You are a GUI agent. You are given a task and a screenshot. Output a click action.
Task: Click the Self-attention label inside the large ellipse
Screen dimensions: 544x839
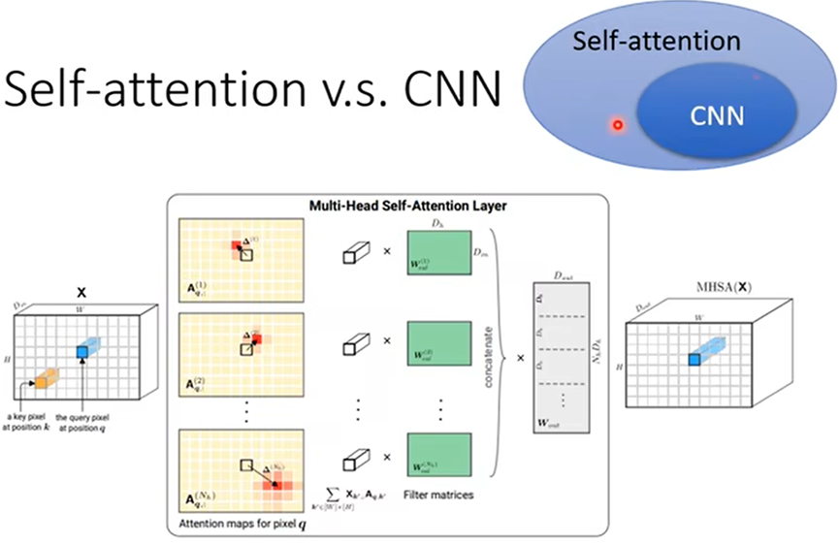[x=656, y=42]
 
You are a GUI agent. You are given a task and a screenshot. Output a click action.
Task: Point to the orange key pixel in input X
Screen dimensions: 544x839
[x=42, y=382]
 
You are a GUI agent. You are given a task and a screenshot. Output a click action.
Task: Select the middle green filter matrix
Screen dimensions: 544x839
[x=438, y=346]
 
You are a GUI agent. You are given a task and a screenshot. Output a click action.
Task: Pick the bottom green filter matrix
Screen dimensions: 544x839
[x=438, y=453]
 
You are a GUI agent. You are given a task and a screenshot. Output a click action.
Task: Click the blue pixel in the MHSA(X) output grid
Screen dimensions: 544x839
[x=694, y=360]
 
